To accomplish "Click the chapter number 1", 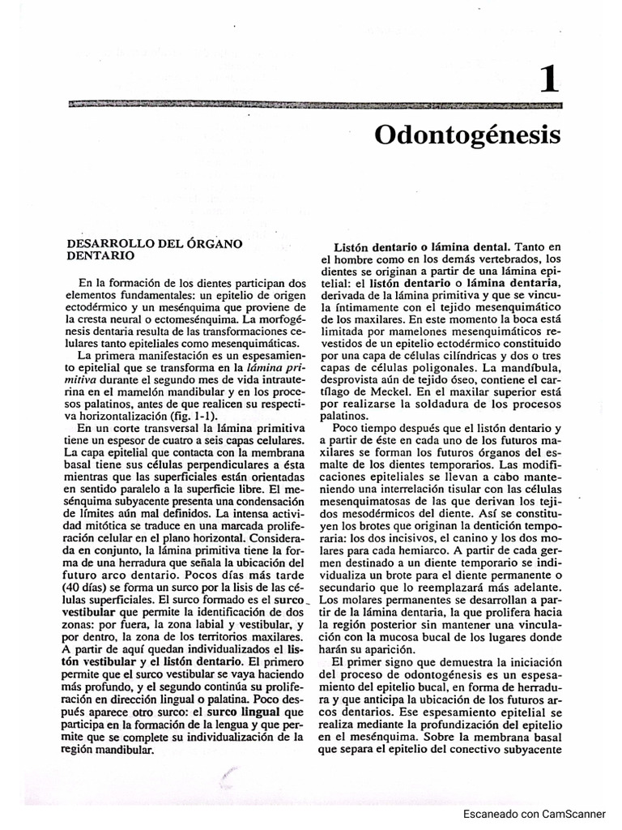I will coord(548,81).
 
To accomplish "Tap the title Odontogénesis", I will coord(467,135).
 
